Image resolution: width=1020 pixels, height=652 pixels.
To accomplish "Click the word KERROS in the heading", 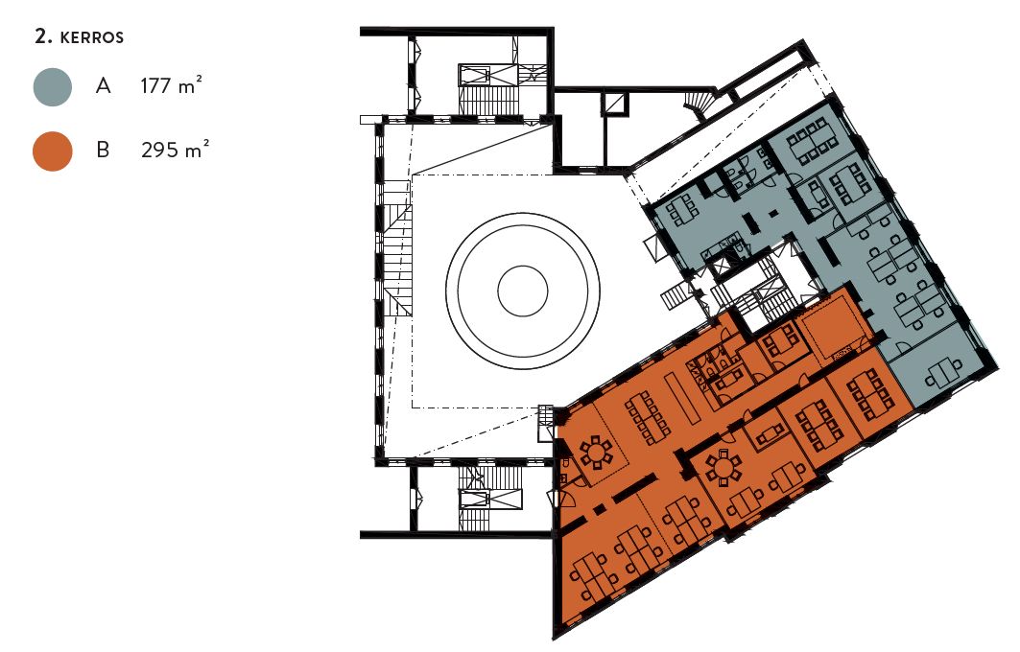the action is [x=92, y=37].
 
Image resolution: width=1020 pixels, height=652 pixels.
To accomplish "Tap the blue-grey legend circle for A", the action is [x=53, y=87].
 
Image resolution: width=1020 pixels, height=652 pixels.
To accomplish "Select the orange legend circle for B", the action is [x=53, y=151].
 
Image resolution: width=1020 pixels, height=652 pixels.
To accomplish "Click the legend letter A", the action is [x=103, y=85].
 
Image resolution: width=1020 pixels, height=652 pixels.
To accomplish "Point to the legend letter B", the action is [x=103, y=151].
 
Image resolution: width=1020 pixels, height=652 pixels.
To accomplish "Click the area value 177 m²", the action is [x=171, y=85].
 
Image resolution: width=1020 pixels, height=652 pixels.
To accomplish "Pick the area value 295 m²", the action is [x=175, y=151].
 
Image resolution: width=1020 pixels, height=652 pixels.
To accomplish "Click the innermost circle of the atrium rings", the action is [x=522, y=291].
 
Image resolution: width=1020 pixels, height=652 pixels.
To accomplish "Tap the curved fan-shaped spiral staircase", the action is [x=700, y=103].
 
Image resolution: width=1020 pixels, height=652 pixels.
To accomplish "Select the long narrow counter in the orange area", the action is [x=680, y=400].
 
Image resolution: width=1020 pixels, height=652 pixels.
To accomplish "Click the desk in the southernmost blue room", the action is [x=944, y=375].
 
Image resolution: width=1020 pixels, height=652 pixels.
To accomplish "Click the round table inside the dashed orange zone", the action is [x=597, y=453].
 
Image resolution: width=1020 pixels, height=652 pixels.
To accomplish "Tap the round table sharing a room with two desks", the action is [x=723, y=467].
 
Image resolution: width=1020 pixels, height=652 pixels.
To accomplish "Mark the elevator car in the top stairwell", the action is [x=475, y=75].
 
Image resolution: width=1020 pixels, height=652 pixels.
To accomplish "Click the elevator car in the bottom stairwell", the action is [x=474, y=500].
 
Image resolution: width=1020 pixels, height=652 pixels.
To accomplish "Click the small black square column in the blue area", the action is [x=772, y=213].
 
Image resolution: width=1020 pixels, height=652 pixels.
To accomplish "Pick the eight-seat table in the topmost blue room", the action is [x=811, y=141].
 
